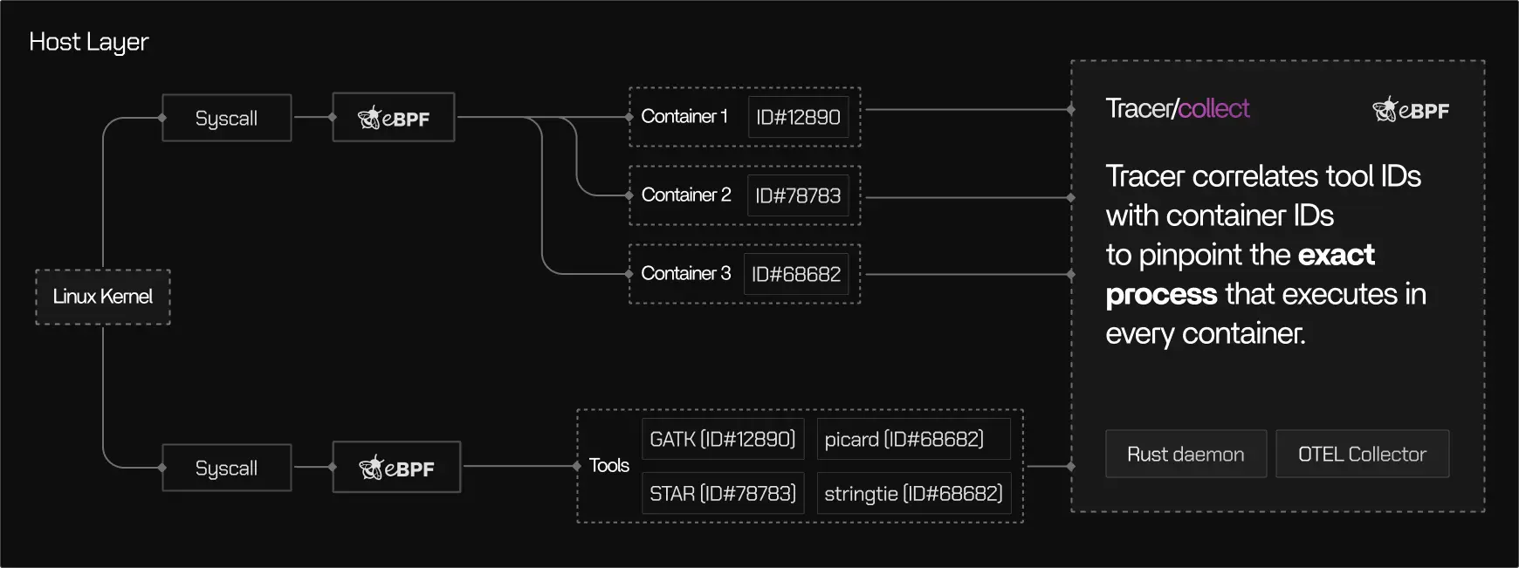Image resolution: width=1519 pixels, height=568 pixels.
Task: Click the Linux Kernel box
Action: (x=103, y=297)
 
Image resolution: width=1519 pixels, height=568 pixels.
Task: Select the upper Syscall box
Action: (x=226, y=118)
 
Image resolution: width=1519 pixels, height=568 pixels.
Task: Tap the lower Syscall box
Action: (x=226, y=468)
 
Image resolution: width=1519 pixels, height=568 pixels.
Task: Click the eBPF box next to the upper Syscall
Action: (x=394, y=118)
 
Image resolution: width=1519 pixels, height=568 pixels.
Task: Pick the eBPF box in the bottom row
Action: (x=396, y=468)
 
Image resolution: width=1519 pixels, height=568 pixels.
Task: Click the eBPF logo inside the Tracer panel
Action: (x=1410, y=110)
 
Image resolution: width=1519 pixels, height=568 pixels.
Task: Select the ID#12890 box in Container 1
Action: (x=798, y=117)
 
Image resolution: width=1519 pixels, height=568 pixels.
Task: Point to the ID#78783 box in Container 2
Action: (x=798, y=195)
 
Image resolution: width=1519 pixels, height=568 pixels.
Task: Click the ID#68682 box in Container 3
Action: (x=796, y=274)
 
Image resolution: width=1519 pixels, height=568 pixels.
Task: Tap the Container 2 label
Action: (x=685, y=195)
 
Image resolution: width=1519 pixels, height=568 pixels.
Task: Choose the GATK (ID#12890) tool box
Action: (x=722, y=439)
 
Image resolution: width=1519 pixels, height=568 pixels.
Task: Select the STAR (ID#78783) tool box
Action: (x=722, y=493)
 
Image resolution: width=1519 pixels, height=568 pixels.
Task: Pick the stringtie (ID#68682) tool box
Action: (x=913, y=493)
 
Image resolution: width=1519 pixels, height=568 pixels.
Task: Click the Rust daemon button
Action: (x=1186, y=454)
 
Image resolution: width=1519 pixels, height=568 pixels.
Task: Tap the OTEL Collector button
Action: (x=1362, y=454)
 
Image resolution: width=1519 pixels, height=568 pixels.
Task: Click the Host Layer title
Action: (x=89, y=42)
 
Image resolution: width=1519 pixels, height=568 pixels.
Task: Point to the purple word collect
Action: (x=1214, y=108)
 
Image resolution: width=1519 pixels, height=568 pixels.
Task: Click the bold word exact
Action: (x=1336, y=255)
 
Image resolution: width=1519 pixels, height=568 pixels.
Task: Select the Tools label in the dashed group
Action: (x=608, y=465)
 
